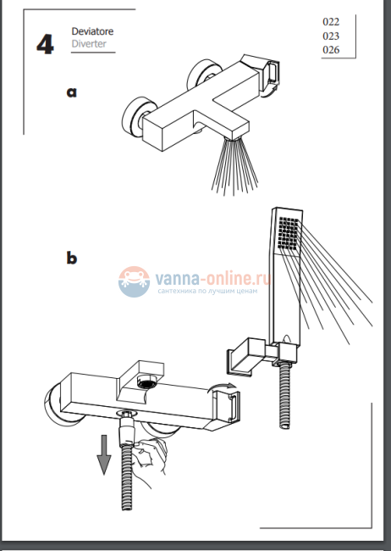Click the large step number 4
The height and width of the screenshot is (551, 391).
pos(45,44)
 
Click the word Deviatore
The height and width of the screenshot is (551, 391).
pos(92,31)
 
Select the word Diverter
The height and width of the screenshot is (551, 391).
pos(89,44)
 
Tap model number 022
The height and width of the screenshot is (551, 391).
pos(331,22)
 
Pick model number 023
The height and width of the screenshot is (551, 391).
pos(331,36)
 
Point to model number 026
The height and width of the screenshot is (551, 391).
pos(331,49)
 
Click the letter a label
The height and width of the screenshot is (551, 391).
pos(72,92)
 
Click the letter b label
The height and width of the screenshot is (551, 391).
pos(72,258)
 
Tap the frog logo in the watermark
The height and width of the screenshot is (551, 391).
pos(134,281)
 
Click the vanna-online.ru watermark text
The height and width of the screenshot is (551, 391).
pos(212,279)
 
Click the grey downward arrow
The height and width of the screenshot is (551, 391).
pos(104,454)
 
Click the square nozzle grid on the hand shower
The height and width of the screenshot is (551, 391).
pos(289,233)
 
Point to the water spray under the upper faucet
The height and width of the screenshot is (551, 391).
pos(234,166)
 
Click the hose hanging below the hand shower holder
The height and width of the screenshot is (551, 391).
pos(285,395)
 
